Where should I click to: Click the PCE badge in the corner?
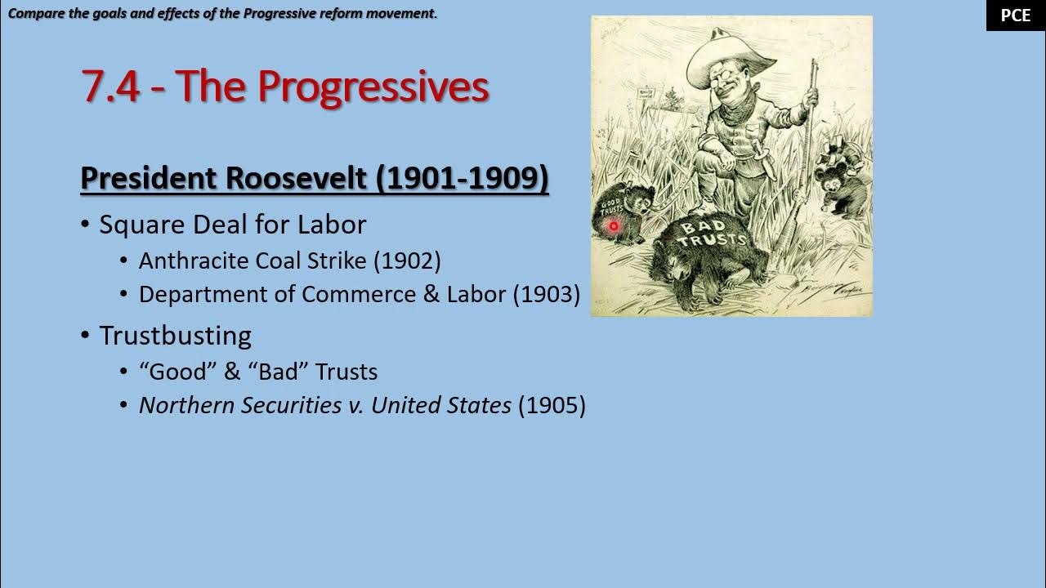[1016, 16]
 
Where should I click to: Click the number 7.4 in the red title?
[111, 87]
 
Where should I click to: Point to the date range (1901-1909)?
[463, 178]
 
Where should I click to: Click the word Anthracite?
[194, 261]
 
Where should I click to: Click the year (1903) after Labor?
[546, 294]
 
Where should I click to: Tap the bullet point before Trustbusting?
[85, 336]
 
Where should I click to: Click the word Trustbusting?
[175, 336]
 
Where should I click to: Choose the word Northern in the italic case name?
[187, 405]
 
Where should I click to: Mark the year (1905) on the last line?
[552, 405]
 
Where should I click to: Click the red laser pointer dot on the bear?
[613, 226]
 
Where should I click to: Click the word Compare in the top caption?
[34, 13]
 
